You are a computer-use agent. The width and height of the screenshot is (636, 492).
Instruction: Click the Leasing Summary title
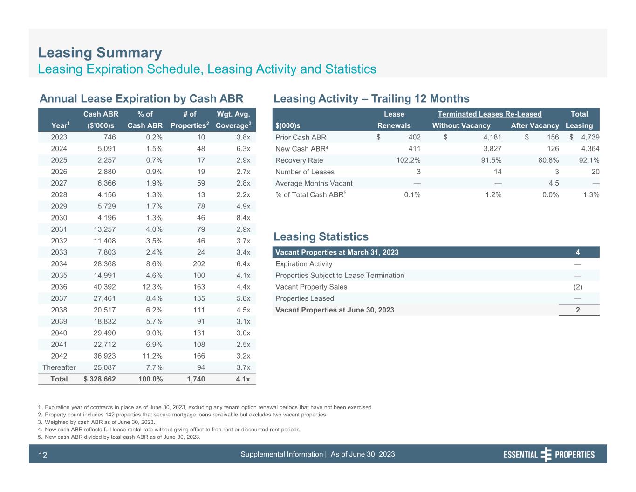point(100,53)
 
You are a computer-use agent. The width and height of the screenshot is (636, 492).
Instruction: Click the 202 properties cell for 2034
point(198,264)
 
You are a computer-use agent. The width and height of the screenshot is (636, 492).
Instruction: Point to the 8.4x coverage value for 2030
point(243,218)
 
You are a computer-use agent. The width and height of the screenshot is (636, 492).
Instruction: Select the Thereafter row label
point(59,367)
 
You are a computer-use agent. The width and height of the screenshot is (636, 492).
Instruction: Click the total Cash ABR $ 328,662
point(100,379)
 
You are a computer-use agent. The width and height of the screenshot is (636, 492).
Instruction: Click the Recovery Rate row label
point(299,160)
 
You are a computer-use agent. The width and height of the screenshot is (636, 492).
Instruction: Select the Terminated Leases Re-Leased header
point(490,114)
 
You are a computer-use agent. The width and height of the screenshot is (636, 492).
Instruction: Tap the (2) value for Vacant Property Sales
point(577,287)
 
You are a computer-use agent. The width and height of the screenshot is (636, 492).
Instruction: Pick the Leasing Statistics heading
point(321,237)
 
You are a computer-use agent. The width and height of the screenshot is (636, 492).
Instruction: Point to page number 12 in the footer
point(43,455)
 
